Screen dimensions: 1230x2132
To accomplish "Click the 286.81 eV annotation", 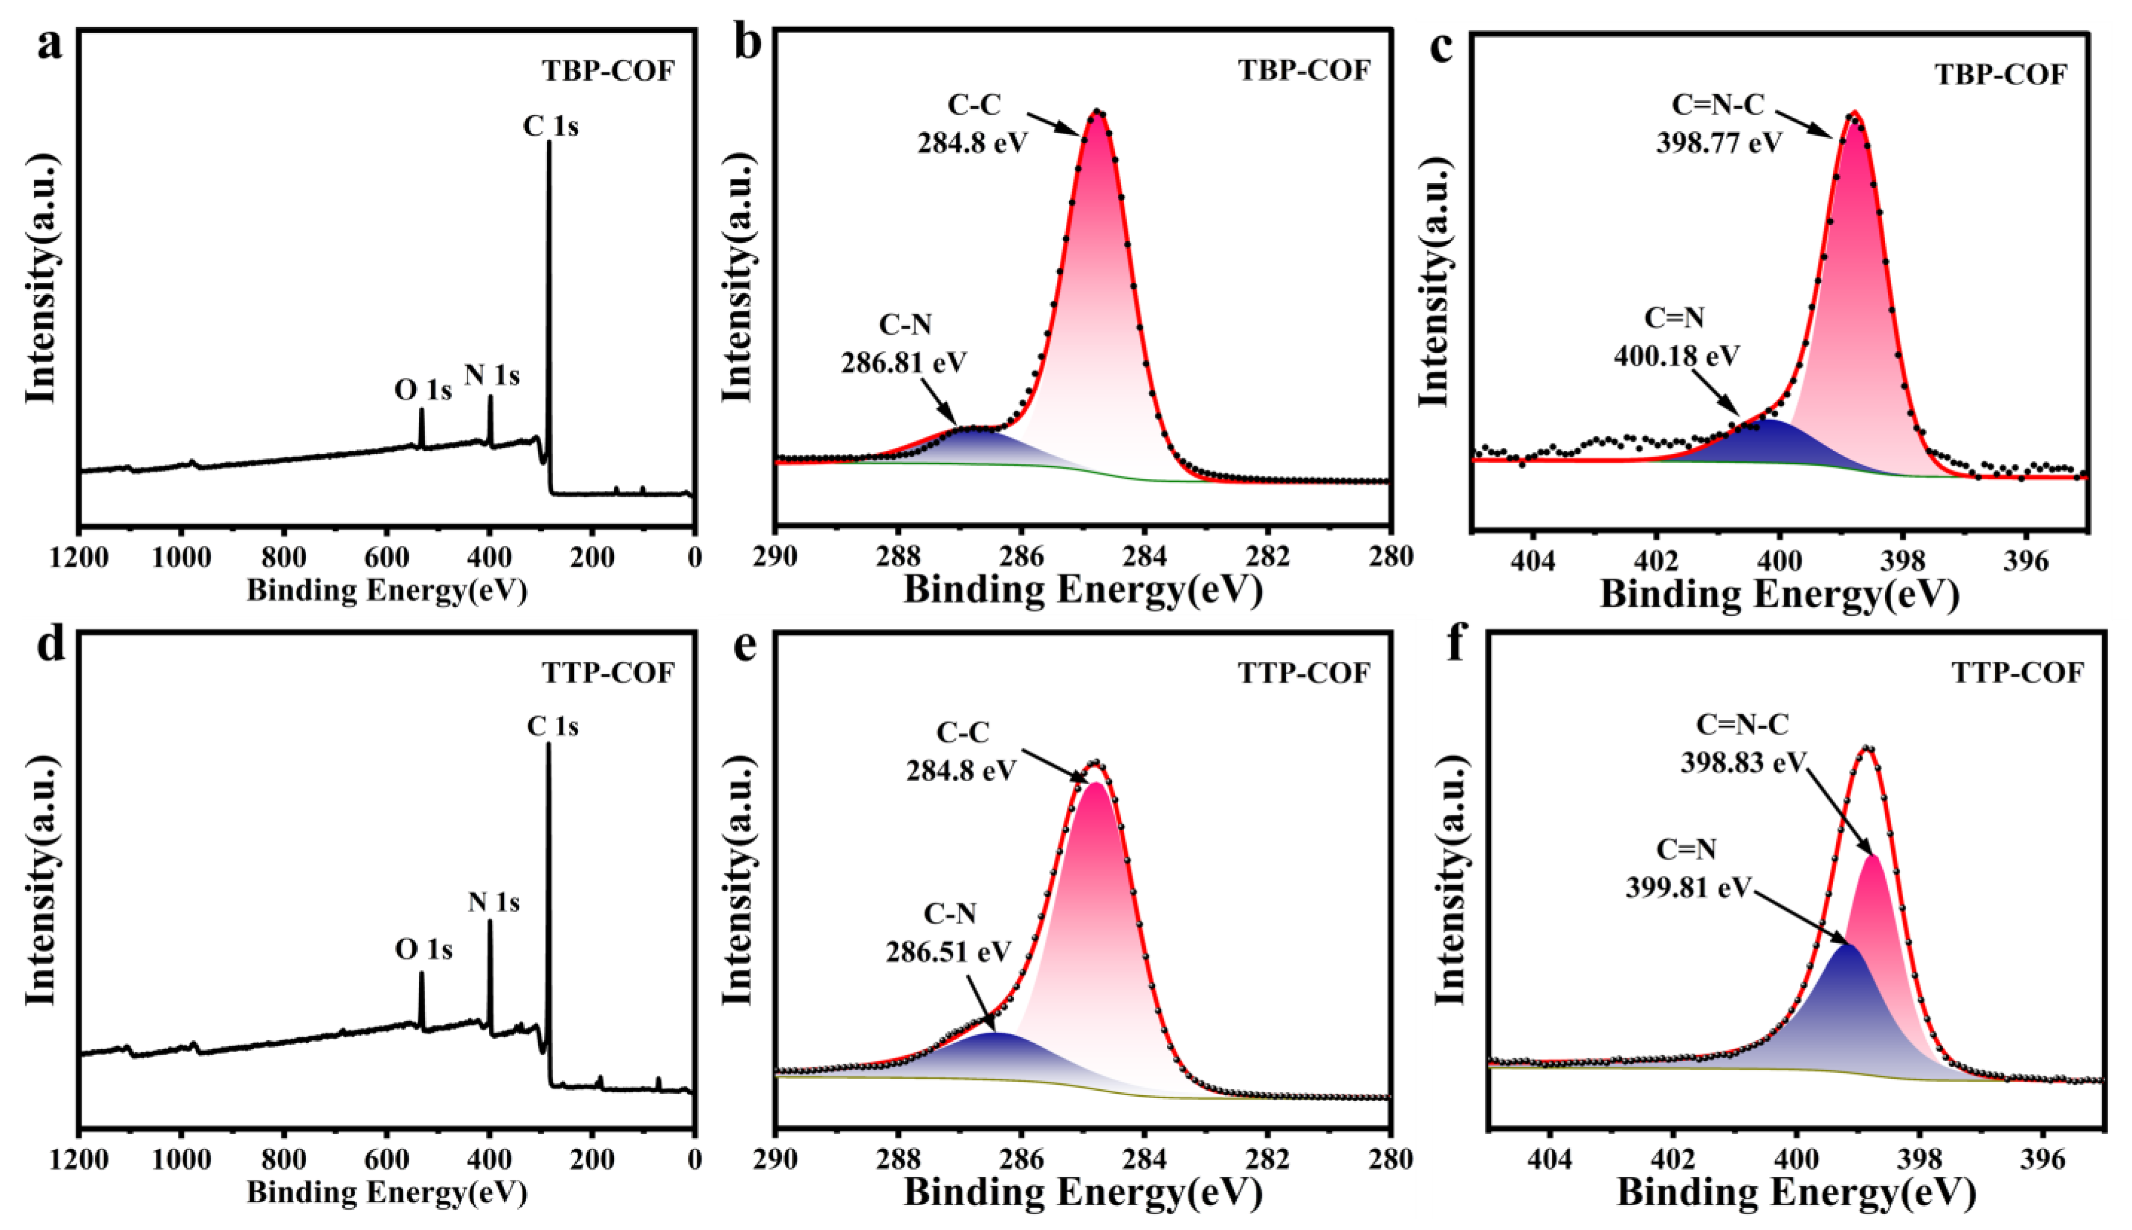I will (904, 362).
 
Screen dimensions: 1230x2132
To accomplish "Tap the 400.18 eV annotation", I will (1677, 355).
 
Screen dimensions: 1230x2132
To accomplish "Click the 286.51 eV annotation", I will (949, 951).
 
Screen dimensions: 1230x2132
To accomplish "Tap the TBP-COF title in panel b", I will (1304, 70).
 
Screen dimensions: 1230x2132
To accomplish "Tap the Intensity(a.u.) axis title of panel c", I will (1435, 280).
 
